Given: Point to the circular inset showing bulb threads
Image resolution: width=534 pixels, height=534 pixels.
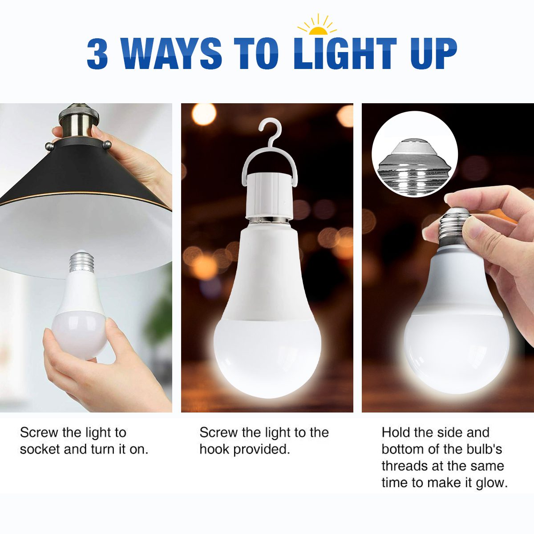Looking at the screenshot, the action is coord(414,154).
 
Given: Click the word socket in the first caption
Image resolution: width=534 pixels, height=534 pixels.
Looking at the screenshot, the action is coord(39,449).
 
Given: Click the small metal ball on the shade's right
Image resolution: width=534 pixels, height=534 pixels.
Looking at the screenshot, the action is coord(107,144).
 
